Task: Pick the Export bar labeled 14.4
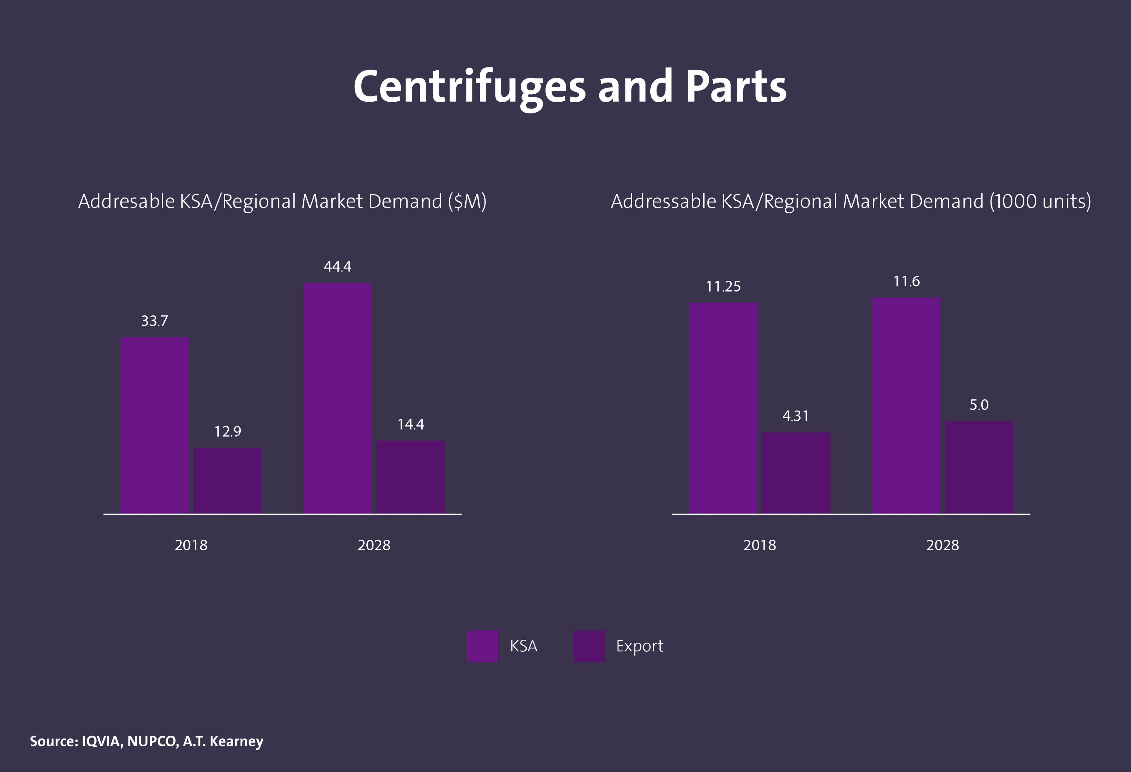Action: coord(410,477)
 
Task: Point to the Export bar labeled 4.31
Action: coord(796,473)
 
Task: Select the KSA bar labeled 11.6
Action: coord(906,405)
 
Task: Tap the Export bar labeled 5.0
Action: coord(979,467)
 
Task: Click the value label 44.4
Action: coord(337,266)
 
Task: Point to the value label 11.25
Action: coord(723,287)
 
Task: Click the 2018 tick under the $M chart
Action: coord(191,545)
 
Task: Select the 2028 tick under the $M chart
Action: coord(374,545)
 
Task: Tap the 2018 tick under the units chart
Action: coord(759,545)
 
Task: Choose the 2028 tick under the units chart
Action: coord(942,545)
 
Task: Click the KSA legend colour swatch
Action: coord(482,646)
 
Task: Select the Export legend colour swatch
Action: coord(589,646)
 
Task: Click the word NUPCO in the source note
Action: coord(152,741)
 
